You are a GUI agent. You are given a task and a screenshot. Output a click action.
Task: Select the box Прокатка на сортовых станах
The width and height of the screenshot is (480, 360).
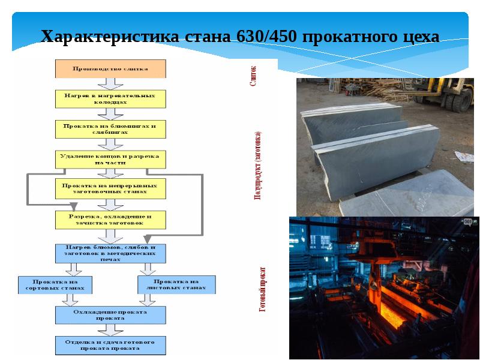click(56, 284)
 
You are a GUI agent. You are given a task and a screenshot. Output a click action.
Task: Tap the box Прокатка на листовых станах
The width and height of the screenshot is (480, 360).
click(176, 284)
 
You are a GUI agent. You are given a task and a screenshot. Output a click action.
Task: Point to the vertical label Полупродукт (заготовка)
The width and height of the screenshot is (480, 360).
click(257, 165)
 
